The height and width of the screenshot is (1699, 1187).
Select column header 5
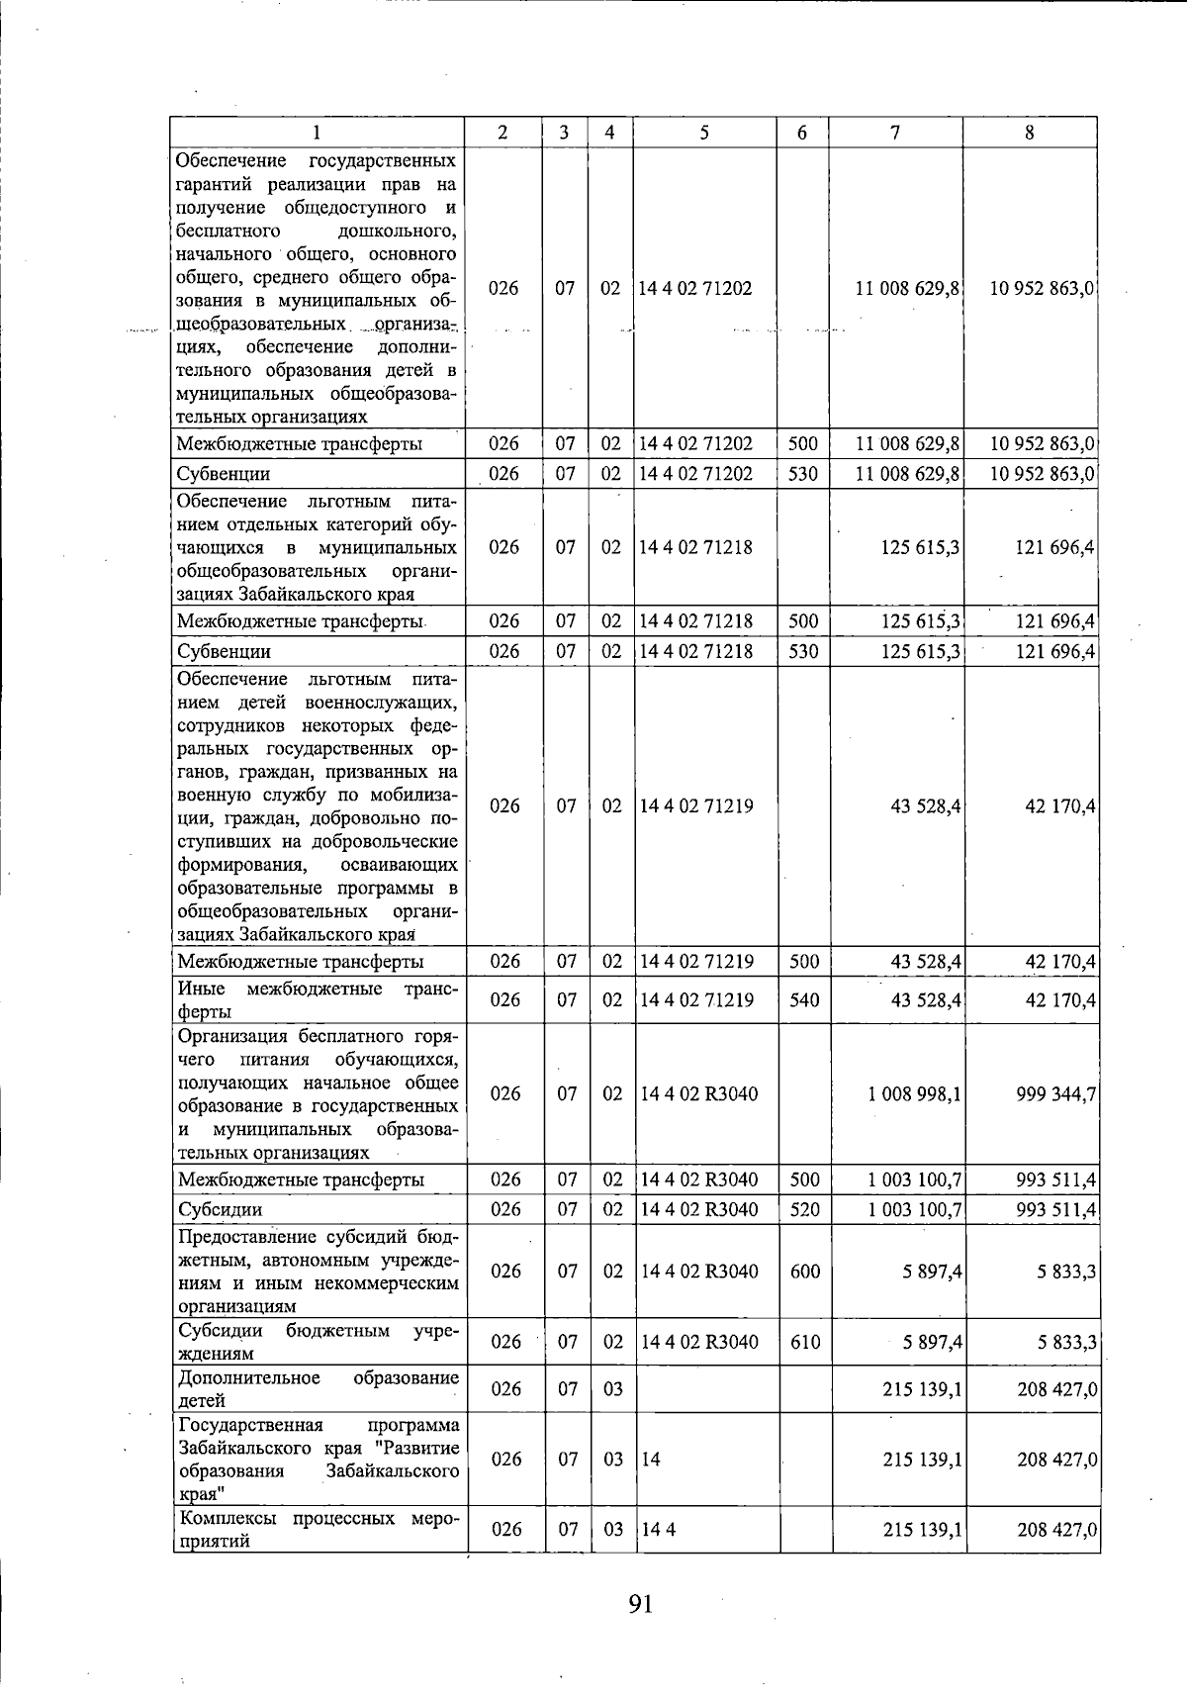coord(703,133)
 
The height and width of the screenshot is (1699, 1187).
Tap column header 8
coord(1029,133)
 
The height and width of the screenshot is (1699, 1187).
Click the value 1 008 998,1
coord(915,1094)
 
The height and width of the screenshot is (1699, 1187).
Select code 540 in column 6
coord(804,1000)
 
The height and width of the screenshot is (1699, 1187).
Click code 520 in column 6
coord(804,1209)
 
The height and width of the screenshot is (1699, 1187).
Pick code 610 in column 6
coord(804,1342)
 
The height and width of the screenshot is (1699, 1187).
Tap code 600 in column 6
coord(804,1272)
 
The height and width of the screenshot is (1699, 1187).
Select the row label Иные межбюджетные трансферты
coord(317,999)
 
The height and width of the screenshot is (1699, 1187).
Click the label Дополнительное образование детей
coord(317,1389)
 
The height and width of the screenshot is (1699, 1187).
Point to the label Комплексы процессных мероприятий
coord(317,1529)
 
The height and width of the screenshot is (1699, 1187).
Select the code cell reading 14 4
coord(658,1530)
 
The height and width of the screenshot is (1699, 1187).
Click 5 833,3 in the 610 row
coord(1066,1342)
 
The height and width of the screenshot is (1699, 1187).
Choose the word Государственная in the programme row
coord(250,1425)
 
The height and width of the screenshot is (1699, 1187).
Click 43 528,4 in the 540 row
coord(926,1000)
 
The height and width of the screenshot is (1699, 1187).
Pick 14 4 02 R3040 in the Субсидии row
coord(699,1209)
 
